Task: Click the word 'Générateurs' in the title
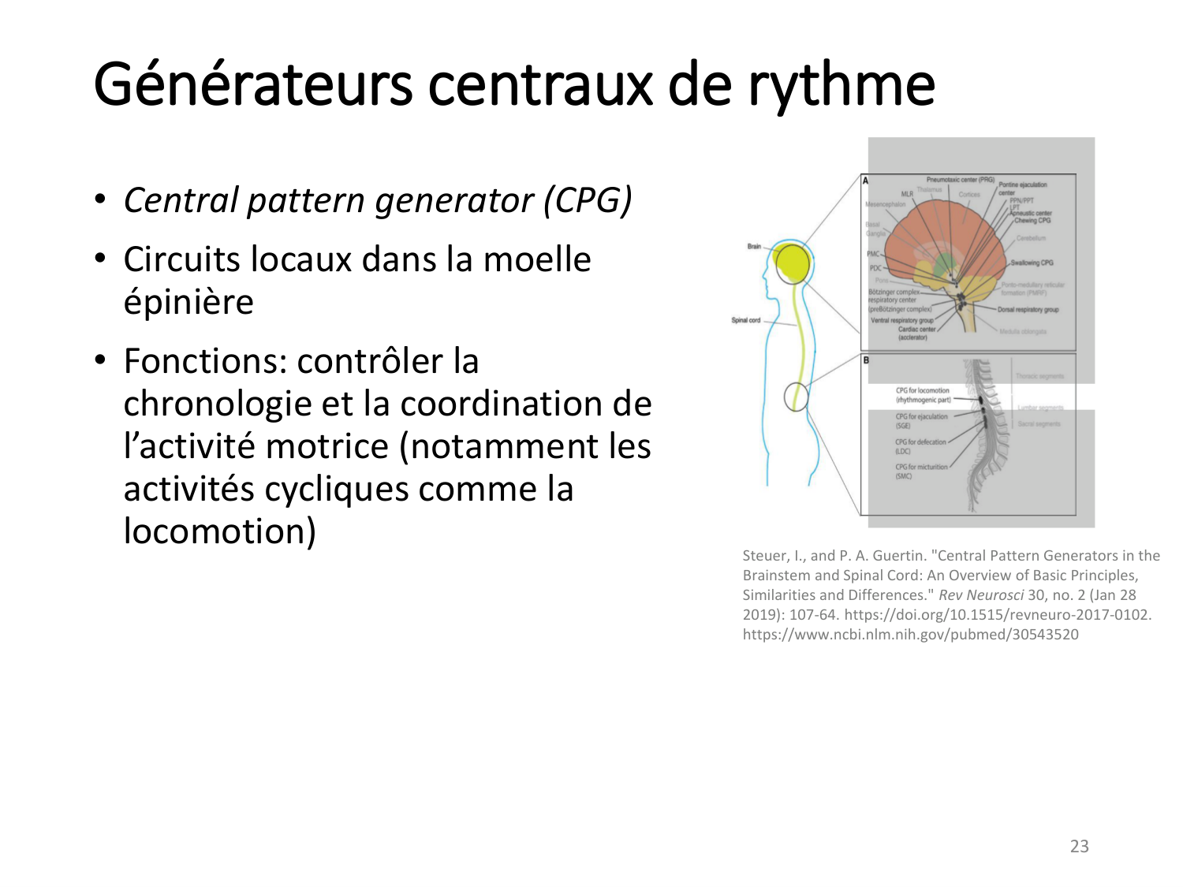(x=252, y=84)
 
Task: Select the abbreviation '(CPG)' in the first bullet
(x=588, y=200)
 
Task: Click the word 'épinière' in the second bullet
(x=188, y=302)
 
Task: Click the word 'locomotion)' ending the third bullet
(x=220, y=531)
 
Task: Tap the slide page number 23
(x=1079, y=846)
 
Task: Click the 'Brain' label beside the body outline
(x=754, y=247)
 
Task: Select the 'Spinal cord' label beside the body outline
(x=745, y=320)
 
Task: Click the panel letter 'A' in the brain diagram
(x=865, y=181)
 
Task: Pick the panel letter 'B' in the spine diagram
(x=866, y=360)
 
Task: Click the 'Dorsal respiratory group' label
(x=1028, y=310)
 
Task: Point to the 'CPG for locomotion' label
(x=922, y=390)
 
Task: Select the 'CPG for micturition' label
(x=921, y=467)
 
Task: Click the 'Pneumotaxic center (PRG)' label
(x=960, y=180)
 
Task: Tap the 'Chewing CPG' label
(x=1032, y=221)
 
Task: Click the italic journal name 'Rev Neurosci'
(x=980, y=595)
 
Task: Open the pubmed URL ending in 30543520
(x=910, y=635)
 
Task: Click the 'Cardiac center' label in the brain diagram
(x=916, y=330)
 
